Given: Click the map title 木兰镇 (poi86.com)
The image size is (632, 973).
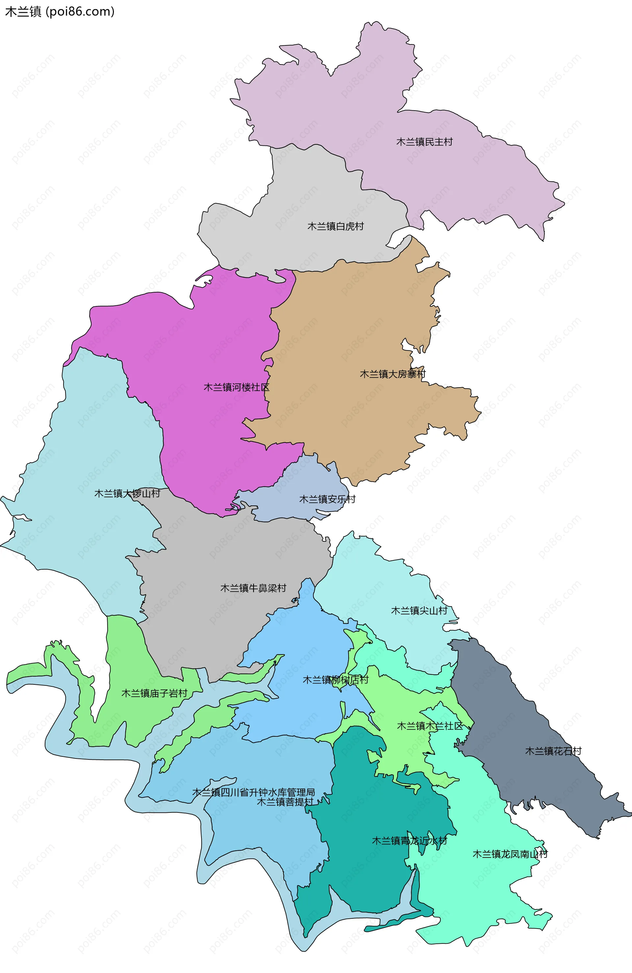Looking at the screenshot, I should pos(60,12).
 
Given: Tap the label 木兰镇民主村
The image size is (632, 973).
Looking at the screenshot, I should pos(424,142).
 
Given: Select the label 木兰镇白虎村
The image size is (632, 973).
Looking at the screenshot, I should pos(335,226).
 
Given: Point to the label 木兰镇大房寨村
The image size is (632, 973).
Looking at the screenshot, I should pos(392,374).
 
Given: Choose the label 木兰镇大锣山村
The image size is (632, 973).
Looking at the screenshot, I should pos(127,494).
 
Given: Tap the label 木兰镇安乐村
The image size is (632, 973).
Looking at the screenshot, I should pos(327,499).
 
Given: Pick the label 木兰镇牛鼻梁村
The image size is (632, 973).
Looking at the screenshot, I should pos(253,588).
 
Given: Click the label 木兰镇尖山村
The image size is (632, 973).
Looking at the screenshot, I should pos(419,610).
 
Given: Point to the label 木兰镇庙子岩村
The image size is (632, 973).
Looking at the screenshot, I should pos(154,693).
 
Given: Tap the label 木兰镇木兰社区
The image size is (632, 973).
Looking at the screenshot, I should pos(430,726).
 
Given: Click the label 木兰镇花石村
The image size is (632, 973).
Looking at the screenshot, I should pos(553,751).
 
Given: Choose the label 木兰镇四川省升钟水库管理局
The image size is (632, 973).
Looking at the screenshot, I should pos(253,792).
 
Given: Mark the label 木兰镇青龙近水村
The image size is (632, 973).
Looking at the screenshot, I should pos(409,840).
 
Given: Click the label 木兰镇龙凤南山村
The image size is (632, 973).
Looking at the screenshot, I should pos(510,854).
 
